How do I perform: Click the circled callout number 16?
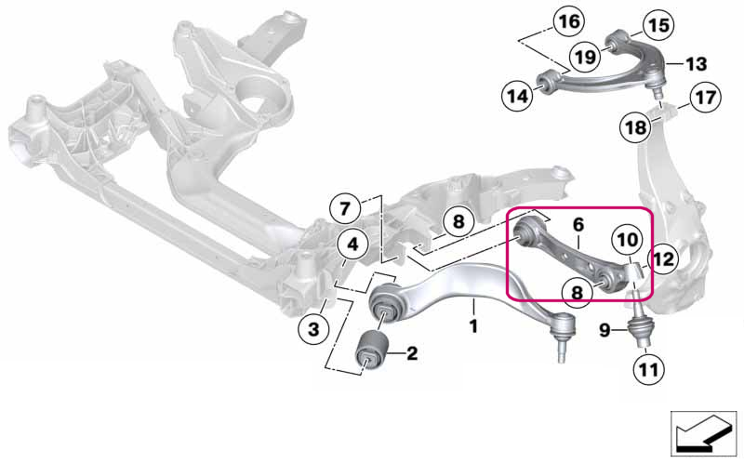[569, 21]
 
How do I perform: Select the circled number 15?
[658, 25]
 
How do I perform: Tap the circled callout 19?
[585, 57]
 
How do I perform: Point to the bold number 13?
[696, 63]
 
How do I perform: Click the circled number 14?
[517, 97]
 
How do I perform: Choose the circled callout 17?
[705, 98]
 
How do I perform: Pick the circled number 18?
[636, 127]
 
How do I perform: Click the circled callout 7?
[345, 209]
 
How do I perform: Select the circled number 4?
[352, 245]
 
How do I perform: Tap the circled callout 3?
[313, 328]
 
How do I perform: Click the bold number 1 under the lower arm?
[473, 326]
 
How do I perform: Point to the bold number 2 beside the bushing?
[412, 353]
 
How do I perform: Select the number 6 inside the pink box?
[578, 224]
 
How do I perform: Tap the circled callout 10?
[627, 240]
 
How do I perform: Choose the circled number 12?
[663, 259]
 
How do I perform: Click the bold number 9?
[604, 330]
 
